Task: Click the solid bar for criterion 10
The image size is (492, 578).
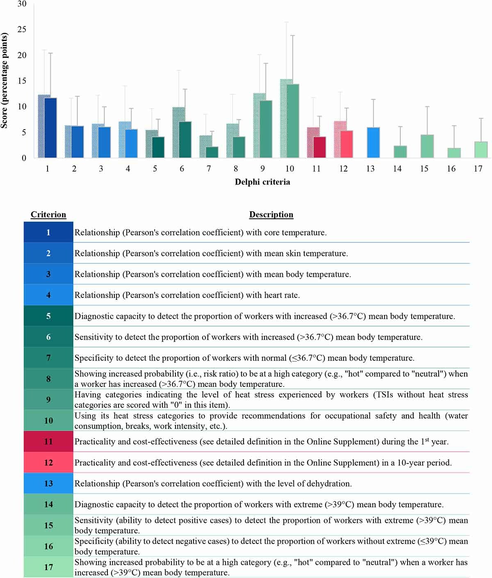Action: (293, 121)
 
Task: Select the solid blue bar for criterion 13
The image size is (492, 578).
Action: (373, 143)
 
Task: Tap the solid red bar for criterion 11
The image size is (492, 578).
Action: (320, 147)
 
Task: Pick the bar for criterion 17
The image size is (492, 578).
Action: (481, 150)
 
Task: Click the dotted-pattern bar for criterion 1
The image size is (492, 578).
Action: (41, 126)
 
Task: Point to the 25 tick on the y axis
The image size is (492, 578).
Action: (22, 30)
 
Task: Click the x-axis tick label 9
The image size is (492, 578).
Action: (262, 169)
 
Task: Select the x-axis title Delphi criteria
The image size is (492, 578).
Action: (262, 182)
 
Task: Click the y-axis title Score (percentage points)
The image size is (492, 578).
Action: (5, 81)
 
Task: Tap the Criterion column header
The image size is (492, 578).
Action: (48, 215)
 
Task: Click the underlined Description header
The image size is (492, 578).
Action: (271, 215)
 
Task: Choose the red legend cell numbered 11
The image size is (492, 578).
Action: (48, 442)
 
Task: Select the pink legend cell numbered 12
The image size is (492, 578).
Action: (48, 463)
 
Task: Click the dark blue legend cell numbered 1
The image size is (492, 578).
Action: (48, 233)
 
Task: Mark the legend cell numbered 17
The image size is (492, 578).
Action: (48, 567)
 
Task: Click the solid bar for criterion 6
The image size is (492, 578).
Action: (185, 139)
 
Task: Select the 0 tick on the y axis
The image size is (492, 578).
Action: (24, 158)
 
